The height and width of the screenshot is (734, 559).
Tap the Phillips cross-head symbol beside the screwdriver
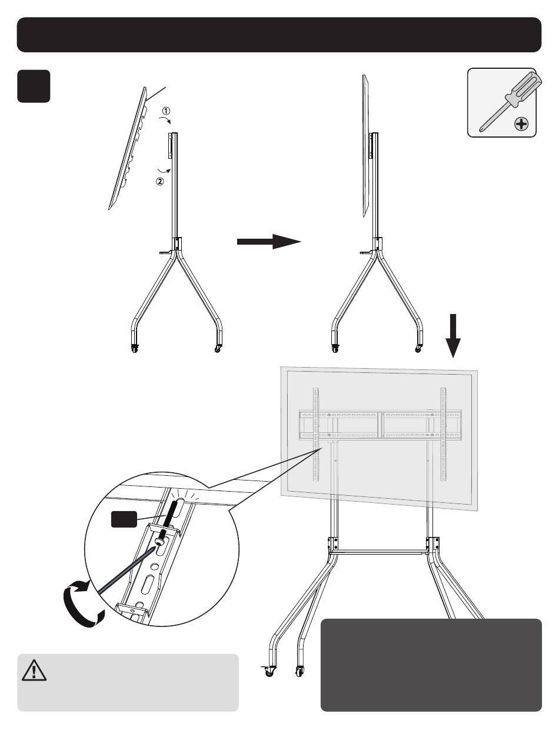[x=521, y=125]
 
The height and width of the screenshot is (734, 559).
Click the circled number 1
[x=166, y=111]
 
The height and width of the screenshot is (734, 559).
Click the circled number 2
[x=160, y=182]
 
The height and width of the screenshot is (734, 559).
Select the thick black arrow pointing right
[x=269, y=242]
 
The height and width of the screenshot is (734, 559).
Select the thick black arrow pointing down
[x=453, y=336]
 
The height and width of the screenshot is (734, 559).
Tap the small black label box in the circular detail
[x=124, y=519]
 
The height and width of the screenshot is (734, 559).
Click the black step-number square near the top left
[x=34, y=86]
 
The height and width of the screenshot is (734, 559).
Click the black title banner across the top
[x=279, y=35]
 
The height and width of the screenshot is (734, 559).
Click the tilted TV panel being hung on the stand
[x=128, y=148]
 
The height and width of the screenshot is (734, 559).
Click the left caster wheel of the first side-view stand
[x=135, y=349]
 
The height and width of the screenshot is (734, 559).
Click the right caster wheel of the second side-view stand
[x=418, y=349]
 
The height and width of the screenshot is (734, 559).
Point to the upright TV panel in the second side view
[x=365, y=146]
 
